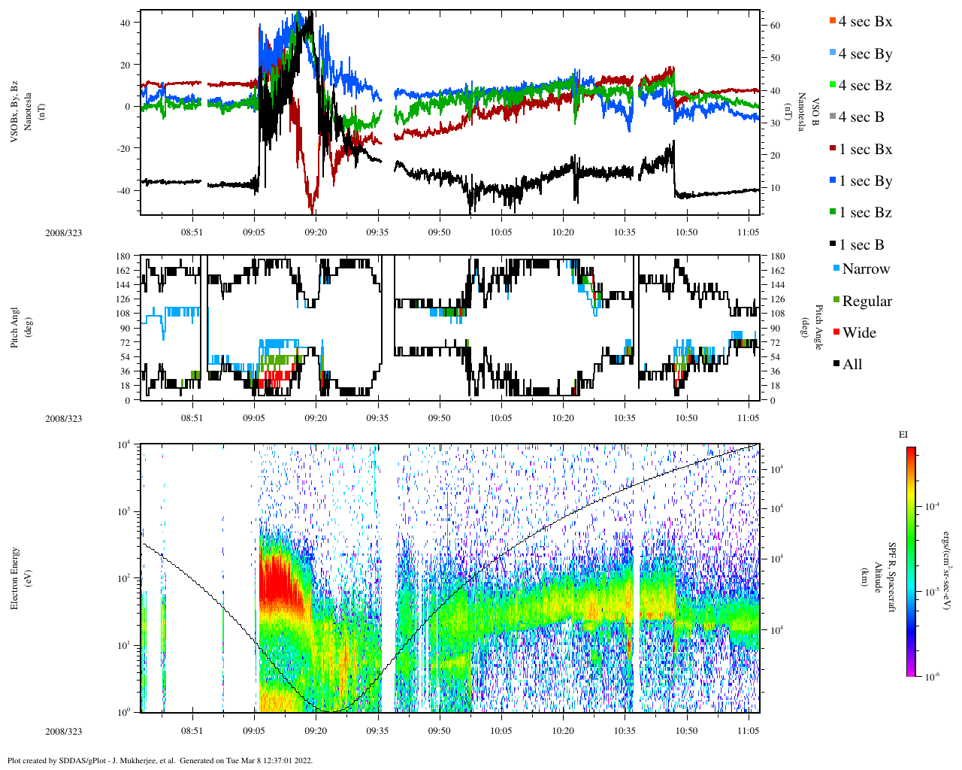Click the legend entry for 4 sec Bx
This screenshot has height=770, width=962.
point(865,22)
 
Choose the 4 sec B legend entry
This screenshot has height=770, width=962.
point(861,117)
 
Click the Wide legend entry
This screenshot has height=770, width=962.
point(859,333)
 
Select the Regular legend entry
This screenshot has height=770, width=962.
point(867,302)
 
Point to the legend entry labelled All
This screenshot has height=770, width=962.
point(852,365)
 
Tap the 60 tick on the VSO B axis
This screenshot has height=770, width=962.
point(775,26)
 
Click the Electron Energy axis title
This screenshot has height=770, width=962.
point(15,577)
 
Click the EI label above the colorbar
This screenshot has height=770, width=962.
point(903,435)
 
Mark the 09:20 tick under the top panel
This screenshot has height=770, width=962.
point(316,232)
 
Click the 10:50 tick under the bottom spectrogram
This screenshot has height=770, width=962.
point(686,731)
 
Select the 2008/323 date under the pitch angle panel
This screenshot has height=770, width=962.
point(64,419)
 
